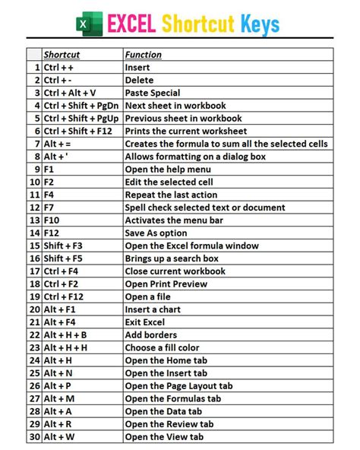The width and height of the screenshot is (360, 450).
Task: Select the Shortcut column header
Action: (x=62, y=55)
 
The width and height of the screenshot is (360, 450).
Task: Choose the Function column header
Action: (x=144, y=55)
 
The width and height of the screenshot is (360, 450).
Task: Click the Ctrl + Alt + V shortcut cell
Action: (x=70, y=93)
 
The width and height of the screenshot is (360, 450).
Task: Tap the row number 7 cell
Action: (x=35, y=144)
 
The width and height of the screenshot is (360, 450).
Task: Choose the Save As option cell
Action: (x=156, y=233)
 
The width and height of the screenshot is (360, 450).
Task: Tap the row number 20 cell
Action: (x=34, y=309)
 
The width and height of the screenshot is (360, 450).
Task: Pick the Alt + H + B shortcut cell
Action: (x=65, y=335)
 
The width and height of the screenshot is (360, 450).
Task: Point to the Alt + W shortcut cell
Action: (x=58, y=437)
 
